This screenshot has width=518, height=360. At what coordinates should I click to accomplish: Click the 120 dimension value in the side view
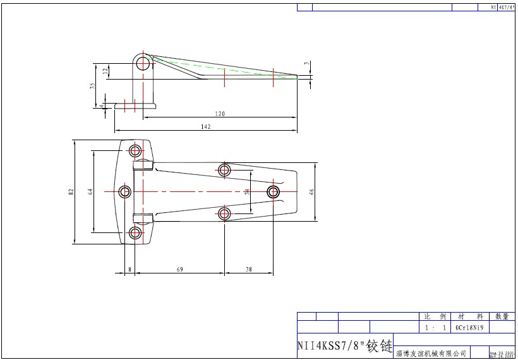click(x=220, y=114)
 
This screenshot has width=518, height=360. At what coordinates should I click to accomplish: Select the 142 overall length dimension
click(x=205, y=127)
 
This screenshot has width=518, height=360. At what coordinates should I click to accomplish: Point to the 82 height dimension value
click(x=71, y=191)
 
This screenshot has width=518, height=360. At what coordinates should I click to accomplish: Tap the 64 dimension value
click(x=90, y=191)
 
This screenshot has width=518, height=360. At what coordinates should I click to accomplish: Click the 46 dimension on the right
click(x=311, y=191)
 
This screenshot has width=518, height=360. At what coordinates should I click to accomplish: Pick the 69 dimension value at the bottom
click(x=179, y=270)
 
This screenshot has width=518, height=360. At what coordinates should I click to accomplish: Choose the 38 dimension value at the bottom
click(x=248, y=270)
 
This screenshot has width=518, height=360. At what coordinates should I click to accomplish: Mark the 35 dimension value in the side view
click(x=92, y=86)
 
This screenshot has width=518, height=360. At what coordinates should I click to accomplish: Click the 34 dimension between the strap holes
click(x=248, y=191)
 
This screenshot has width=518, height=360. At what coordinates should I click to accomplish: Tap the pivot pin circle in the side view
click(x=144, y=63)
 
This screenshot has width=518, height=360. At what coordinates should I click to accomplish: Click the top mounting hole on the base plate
click(x=135, y=150)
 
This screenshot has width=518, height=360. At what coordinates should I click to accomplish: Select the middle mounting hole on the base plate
click(x=124, y=191)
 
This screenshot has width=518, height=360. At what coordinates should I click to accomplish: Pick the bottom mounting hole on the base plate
click(x=135, y=233)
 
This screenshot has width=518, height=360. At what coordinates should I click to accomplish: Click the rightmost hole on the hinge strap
click(x=274, y=191)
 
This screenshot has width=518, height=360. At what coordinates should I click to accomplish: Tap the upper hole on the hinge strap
click(x=224, y=169)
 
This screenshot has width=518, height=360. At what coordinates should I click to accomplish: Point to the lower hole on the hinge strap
click(x=224, y=213)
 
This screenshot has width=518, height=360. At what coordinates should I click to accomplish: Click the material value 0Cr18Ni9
click(x=469, y=328)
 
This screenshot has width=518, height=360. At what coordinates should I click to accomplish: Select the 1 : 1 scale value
click(x=435, y=328)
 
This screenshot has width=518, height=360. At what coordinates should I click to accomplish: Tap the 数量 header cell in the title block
click(x=502, y=316)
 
